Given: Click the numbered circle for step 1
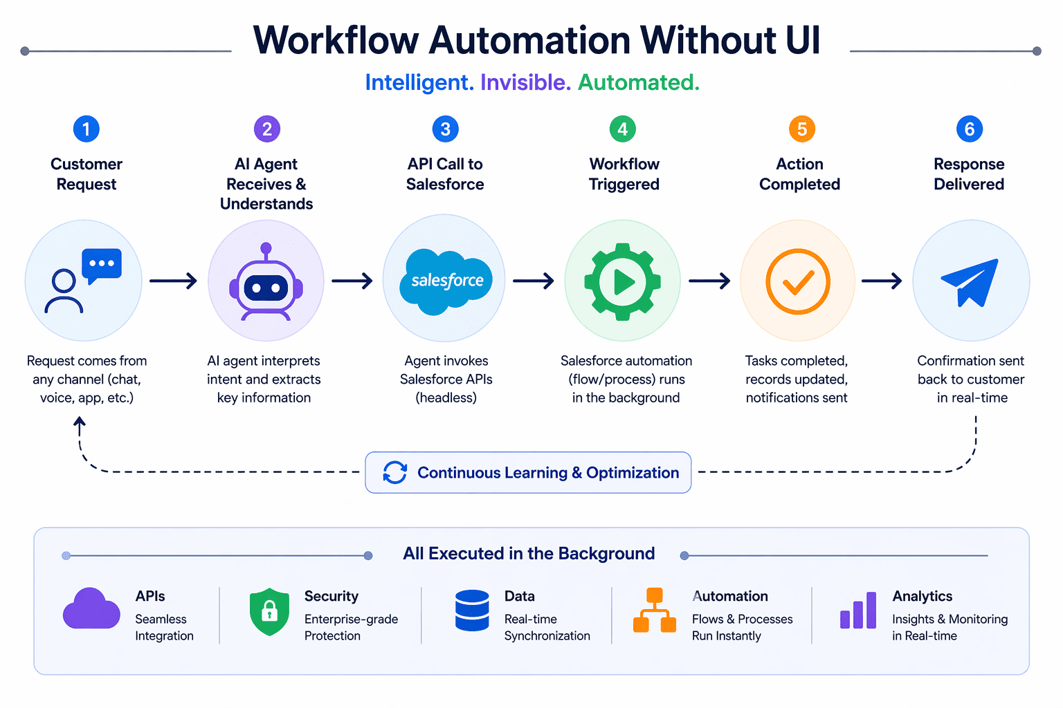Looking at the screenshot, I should [87, 129].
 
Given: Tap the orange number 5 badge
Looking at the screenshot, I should [802, 129].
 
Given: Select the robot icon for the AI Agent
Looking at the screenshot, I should [266, 282].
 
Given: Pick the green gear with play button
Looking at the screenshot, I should [623, 281].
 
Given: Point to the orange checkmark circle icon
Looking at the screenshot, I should [798, 281].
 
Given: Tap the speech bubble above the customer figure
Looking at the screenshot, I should [102, 265].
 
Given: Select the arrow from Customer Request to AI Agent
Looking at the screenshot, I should [173, 281].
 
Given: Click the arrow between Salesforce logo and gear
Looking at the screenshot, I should [533, 281].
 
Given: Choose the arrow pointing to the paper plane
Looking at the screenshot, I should [882, 281].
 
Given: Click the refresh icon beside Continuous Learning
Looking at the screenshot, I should [395, 473].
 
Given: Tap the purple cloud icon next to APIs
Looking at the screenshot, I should [91, 609].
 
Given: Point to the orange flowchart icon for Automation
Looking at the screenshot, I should [655, 611].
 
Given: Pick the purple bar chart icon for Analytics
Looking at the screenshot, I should [858, 611].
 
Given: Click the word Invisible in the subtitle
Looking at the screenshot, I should [525, 82].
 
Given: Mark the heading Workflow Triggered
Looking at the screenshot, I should [624, 174].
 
